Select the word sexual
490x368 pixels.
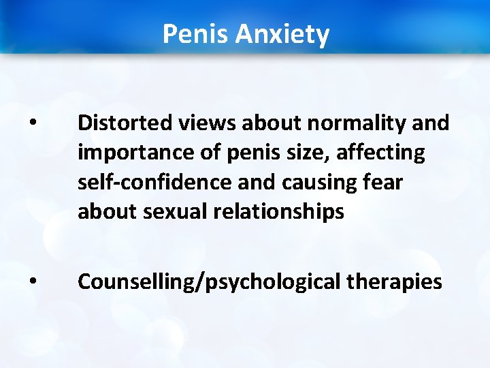click(x=179, y=213)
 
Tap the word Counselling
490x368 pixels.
click(x=135, y=281)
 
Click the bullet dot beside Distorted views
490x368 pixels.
click(x=33, y=125)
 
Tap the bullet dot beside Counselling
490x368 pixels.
click(x=33, y=282)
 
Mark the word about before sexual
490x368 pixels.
click(x=107, y=213)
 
